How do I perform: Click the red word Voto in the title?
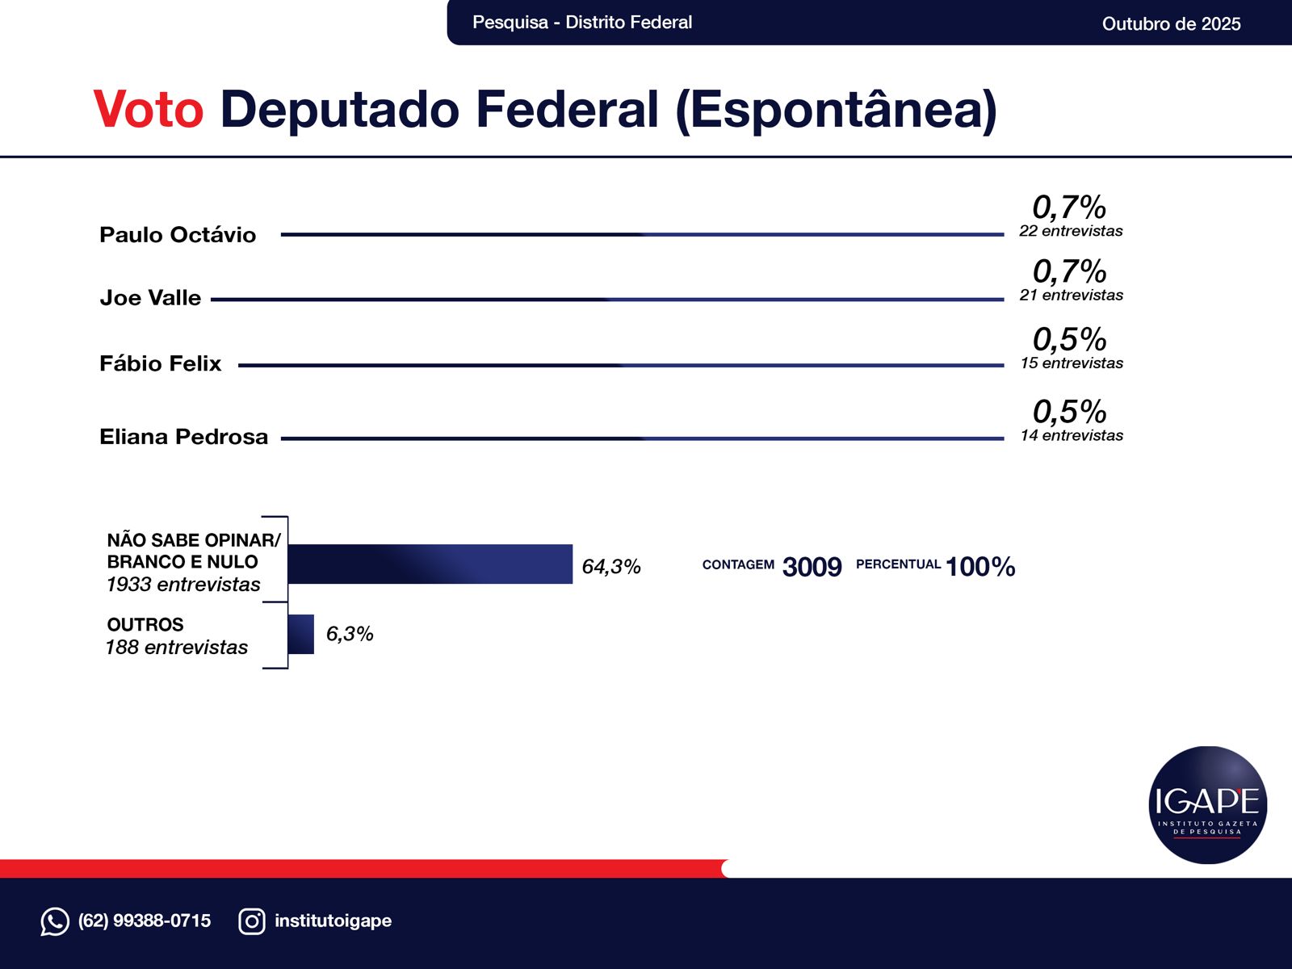pyautogui.click(x=149, y=109)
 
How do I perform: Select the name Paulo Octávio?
pyautogui.click(x=178, y=235)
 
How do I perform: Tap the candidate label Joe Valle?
pyautogui.click(x=150, y=298)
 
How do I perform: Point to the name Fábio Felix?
pyautogui.click(x=160, y=363)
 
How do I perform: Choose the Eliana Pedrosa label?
pyautogui.click(x=183, y=437)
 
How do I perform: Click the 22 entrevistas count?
pyautogui.click(x=1071, y=232)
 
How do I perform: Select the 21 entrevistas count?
pyautogui.click(x=1071, y=296)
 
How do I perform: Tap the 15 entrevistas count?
pyautogui.click(x=1071, y=363)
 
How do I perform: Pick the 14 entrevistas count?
pyautogui.click(x=1071, y=436)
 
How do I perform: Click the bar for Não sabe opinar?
pyautogui.click(x=430, y=564)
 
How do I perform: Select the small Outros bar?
pyautogui.click(x=301, y=634)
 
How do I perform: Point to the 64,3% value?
pyautogui.click(x=611, y=567)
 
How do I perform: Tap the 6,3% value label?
pyautogui.click(x=350, y=634)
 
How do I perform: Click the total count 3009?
pyautogui.click(x=812, y=567)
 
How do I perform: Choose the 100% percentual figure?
pyautogui.click(x=980, y=567)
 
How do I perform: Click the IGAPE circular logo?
pyautogui.click(x=1207, y=805)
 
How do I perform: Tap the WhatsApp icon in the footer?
pyautogui.click(x=55, y=921)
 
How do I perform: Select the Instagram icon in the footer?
pyautogui.click(x=252, y=921)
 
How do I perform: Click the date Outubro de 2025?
pyautogui.click(x=1171, y=23)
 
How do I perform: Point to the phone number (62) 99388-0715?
pyautogui.click(x=145, y=921)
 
